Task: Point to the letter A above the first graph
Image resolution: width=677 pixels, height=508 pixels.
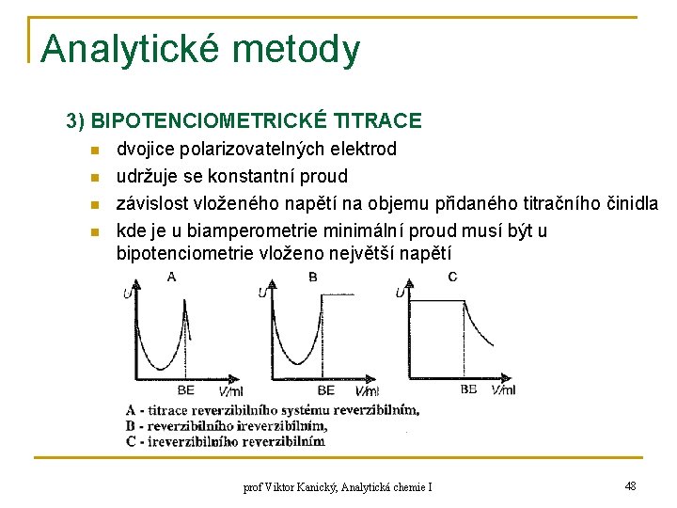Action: (x=171, y=277)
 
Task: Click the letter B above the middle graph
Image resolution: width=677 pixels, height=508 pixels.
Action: (x=312, y=277)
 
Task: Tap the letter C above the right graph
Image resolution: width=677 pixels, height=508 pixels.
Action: (x=452, y=277)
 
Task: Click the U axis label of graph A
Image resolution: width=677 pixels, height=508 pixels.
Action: (x=127, y=294)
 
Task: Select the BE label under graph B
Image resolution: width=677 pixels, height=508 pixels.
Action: (x=325, y=389)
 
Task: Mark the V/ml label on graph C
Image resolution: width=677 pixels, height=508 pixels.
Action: (x=503, y=389)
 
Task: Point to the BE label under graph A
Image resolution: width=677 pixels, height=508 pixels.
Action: (x=185, y=389)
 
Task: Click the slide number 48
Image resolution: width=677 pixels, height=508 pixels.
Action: (x=630, y=485)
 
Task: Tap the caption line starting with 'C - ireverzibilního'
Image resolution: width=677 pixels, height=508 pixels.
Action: (x=225, y=440)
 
